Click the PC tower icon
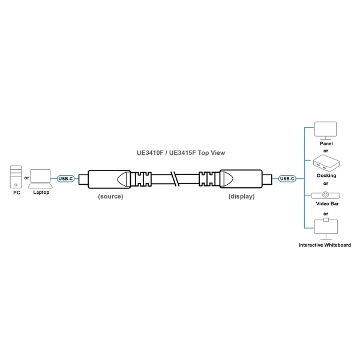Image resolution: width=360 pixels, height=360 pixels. [x=16, y=177]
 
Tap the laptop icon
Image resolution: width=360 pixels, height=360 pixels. [x=40, y=179]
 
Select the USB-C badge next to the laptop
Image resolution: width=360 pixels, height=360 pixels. [x=65, y=179]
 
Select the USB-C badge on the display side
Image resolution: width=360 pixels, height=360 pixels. [x=287, y=179]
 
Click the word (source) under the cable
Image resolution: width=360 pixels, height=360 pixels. [x=110, y=196]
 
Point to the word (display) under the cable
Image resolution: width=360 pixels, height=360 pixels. [x=242, y=196]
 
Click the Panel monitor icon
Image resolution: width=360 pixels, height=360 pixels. [x=325, y=130]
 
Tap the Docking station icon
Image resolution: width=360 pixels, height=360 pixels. [x=326, y=163]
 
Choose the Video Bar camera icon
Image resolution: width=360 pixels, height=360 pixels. [x=326, y=195]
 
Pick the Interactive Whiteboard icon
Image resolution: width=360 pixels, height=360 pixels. [x=326, y=229]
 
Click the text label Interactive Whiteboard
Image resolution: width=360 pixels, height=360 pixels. [x=325, y=245]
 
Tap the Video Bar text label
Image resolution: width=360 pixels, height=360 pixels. [x=327, y=203]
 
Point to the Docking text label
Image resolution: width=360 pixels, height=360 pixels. [x=326, y=176]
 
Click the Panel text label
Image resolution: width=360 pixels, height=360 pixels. [x=326, y=143]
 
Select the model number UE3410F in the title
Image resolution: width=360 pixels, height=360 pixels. [x=150, y=153]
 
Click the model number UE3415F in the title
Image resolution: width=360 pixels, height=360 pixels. [x=182, y=153]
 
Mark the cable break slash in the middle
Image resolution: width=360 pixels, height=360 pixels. [x=175, y=179]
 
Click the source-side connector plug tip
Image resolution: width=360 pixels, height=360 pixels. [x=83, y=179]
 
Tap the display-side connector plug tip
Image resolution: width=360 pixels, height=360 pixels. [x=267, y=179]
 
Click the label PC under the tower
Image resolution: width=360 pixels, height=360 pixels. [x=17, y=193]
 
